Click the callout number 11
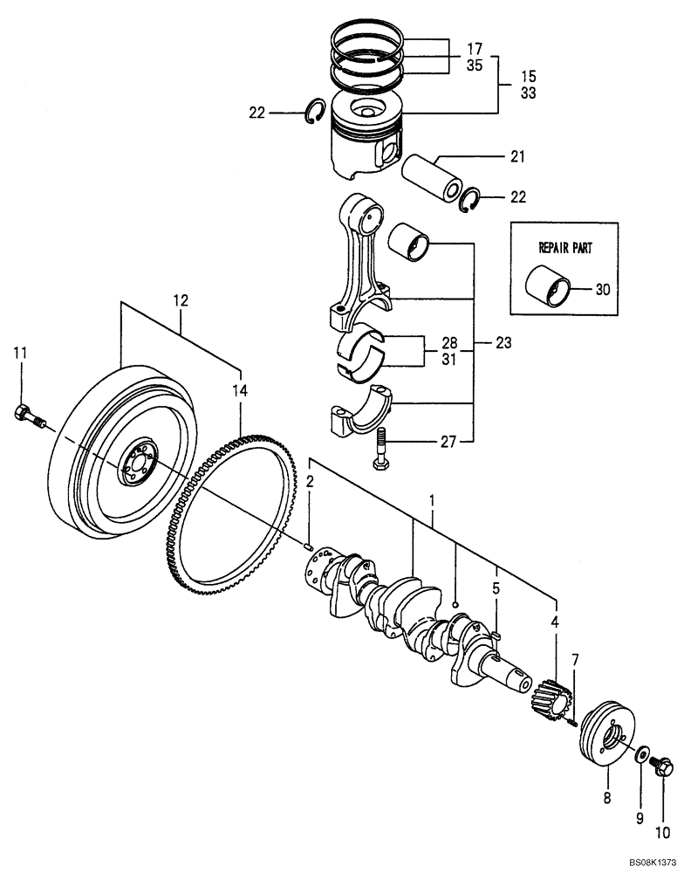click(x=20, y=353)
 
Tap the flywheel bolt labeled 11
click(x=28, y=416)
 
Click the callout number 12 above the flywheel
click(x=181, y=300)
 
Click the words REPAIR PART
click(x=564, y=247)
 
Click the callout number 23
click(x=502, y=343)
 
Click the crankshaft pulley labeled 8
click(x=607, y=739)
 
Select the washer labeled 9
click(x=642, y=753)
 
